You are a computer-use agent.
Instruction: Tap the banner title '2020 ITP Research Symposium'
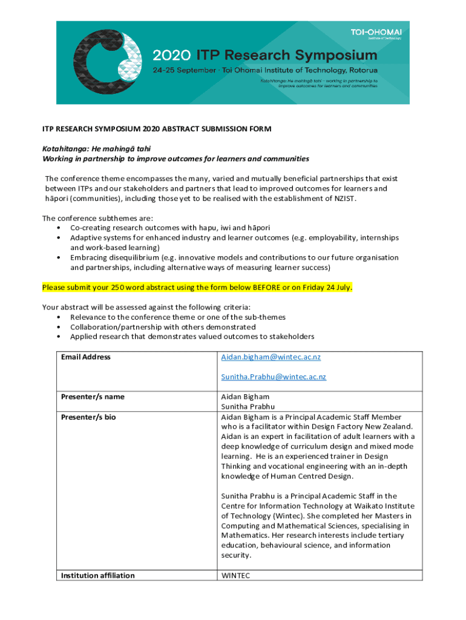(264, 56)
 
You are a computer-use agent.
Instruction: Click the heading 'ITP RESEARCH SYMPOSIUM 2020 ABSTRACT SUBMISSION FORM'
(156, 129)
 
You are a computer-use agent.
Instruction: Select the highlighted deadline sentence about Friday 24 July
(197, 286)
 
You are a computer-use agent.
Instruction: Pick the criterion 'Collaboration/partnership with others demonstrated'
(163, 327)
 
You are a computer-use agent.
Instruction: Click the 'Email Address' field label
(86, 357)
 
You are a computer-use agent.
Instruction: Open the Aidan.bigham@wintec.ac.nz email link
(271, 357)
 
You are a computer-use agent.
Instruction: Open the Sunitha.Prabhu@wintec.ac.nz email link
(273, 377)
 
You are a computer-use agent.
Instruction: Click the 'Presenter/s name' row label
(93, 397)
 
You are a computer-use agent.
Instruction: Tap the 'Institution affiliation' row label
(97, 575)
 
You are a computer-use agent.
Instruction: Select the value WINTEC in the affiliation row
(235, 575)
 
